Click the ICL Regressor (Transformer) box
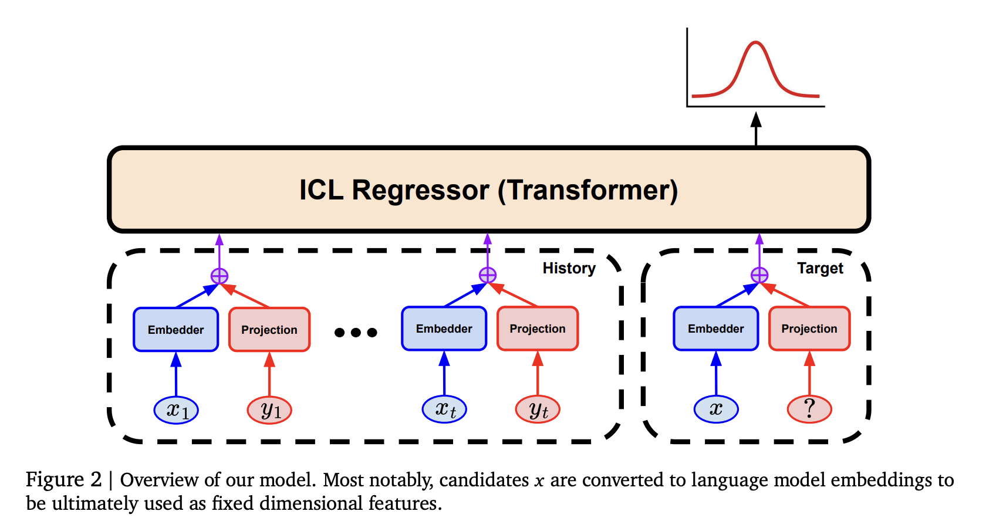tap(488, 189)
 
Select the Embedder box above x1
tap(175, 330)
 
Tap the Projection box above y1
tap(269, 330)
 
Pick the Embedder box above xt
tap(444, 329)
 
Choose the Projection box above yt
tap(538, 329)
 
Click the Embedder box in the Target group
tap(715, 329)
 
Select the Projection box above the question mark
tap(809, 329)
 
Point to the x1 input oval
tap(176, 409)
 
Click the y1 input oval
tap(269, 409)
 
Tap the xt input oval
tap(444, 409)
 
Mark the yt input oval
tap(538, 409)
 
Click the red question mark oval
tap(809, 409)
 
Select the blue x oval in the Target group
tap(716, 409)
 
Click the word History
tap(569, 268)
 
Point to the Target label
tap(820, 268)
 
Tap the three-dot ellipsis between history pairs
tap(356, 333)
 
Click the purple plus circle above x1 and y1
tap(220, 276)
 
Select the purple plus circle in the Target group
tap(759, 275)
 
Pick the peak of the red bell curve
tap(756, 42)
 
